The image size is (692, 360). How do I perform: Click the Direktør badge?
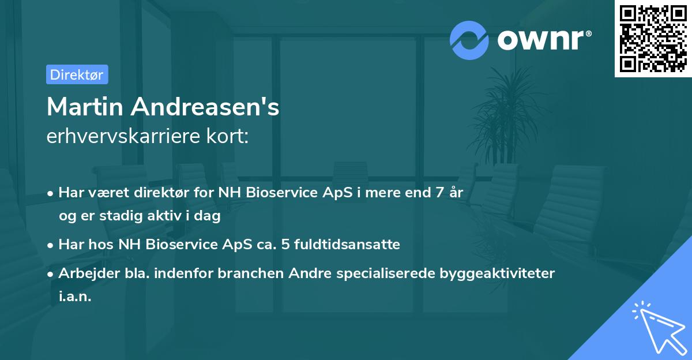coord(77,74)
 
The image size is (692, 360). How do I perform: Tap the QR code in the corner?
coord(653,38)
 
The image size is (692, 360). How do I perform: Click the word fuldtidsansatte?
coord(347,245)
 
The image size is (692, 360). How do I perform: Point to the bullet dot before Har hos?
coord(51,245)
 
